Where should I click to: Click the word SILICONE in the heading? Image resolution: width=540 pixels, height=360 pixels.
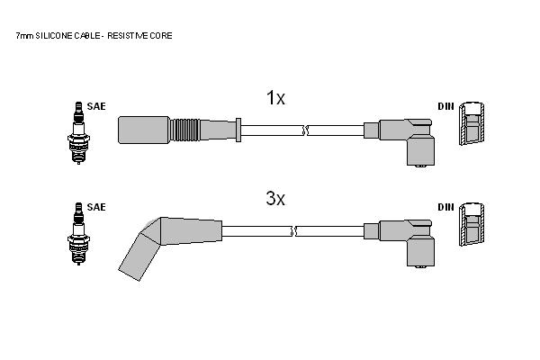pos(54,36)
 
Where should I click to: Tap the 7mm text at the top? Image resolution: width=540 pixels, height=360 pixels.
pos(24,36)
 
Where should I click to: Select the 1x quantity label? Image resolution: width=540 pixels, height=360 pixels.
pos(275,98)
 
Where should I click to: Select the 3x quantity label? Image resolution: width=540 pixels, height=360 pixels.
pos(275,198)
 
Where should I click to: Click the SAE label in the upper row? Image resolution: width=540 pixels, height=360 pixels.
pos(96,106)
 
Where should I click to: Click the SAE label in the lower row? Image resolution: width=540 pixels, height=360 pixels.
pos(96,207)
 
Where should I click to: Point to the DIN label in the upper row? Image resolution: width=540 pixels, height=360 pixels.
pos(446,106)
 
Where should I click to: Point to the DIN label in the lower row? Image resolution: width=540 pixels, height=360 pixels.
pos(446,207)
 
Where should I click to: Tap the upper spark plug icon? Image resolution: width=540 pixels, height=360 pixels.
pos(78,133)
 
